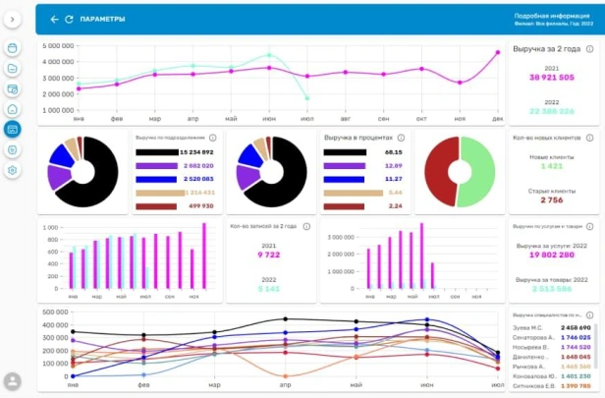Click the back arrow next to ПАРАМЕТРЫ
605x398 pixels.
(x=54, y=19)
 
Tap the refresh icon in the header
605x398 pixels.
(x=69, y=19)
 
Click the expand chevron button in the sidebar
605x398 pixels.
(x=13, y=19)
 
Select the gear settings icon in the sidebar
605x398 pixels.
(x=13, y=170)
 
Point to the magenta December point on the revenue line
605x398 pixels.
(x=499, y=53)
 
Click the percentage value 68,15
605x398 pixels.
(x=393, y=153)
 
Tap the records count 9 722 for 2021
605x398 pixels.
(x=268, y=255)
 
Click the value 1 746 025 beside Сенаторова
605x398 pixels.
(x=575, y=336)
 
